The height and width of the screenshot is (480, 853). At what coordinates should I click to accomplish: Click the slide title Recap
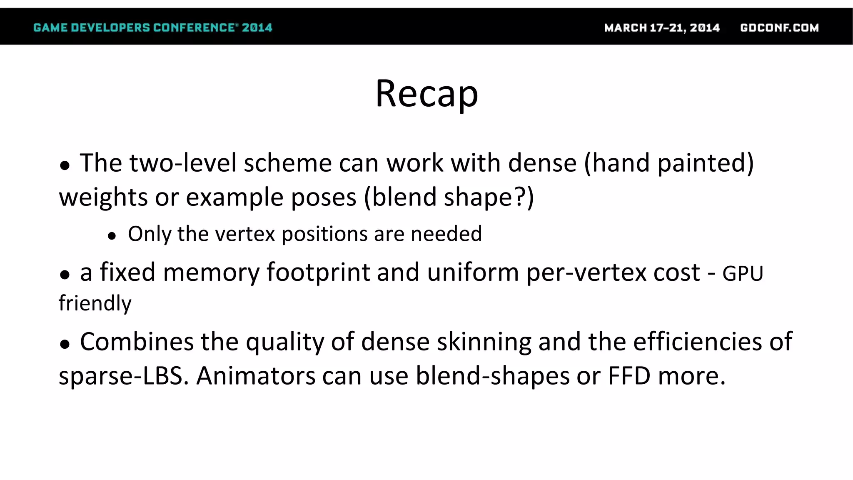(x=426, y=94)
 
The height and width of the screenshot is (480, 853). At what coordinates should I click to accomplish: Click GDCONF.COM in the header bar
(x=779, y=28)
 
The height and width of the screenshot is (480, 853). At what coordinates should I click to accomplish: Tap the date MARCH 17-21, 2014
(x=662, y=28)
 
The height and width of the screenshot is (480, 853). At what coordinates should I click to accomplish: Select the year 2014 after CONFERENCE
(x=257, y=28)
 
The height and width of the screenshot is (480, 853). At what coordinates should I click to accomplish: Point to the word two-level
(x=183, y=162)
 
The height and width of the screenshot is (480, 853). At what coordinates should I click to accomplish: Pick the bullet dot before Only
(x=111, y=236)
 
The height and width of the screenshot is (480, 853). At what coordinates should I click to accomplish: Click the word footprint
(x=318, y=272)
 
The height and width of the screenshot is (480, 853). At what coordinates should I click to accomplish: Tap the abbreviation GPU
(x=743, y=274)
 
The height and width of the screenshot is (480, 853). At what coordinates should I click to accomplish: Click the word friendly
(x=95, y=303)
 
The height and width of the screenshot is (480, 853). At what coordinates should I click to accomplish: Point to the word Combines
(x=137, y=342)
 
